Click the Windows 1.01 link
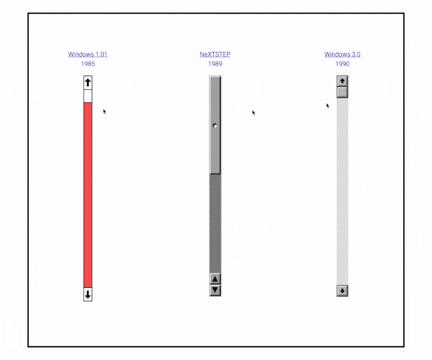(x=87, y=55)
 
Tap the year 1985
(x=88, y=64)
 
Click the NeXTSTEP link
(x=215, y=55)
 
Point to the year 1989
(x=215, y=64)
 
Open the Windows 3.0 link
(x=342, y=55)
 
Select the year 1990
(x=342, y=64)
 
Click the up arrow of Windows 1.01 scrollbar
(x=88, y=83)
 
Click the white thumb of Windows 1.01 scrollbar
(x=88, y=96)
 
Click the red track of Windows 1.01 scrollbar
(x=88, y=195)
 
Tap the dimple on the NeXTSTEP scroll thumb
(x=215, y=126)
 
